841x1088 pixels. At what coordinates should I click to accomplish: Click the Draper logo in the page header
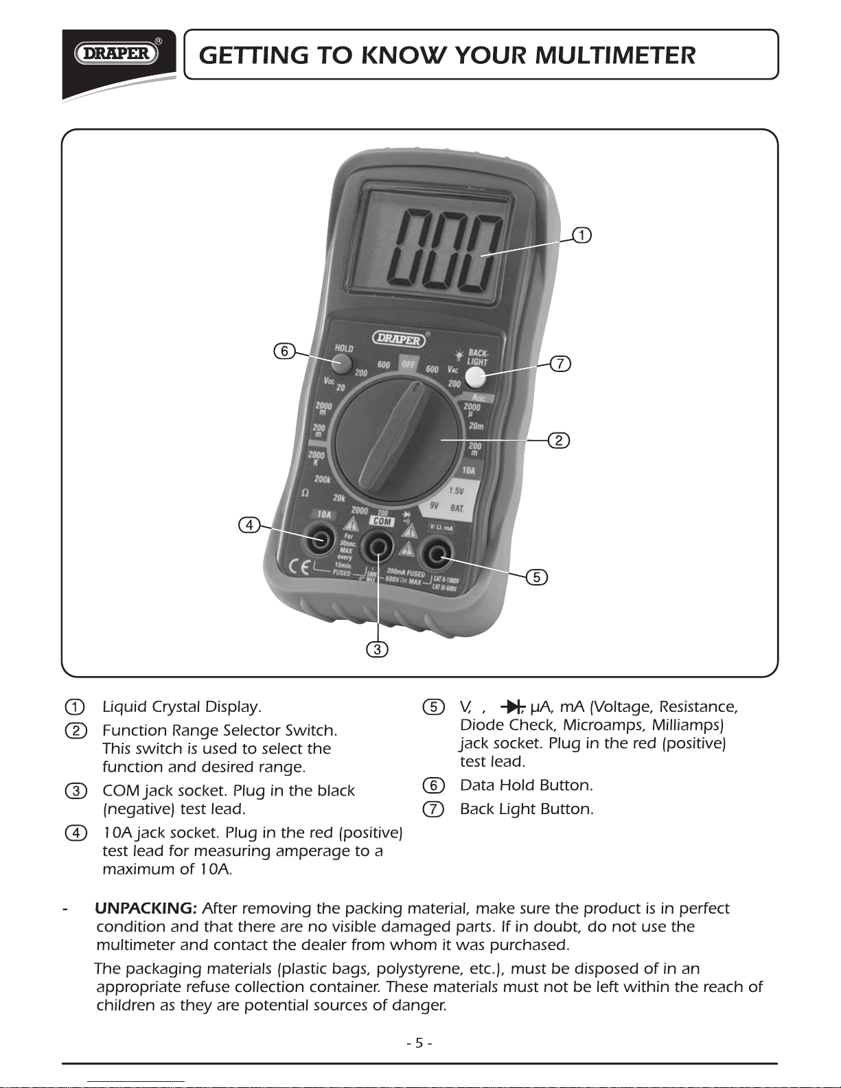point(117,54)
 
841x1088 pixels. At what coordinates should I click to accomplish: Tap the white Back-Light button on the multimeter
point(475,377)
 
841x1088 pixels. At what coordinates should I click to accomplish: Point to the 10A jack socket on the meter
point(320,540)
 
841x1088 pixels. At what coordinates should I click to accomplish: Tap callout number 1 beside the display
point(581,235)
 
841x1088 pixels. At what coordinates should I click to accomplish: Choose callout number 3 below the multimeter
point(377,649)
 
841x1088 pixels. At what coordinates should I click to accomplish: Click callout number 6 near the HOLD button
point(284,351)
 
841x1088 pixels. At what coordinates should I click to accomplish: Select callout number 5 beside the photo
point(537,577)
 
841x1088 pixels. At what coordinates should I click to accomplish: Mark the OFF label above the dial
point(408,364)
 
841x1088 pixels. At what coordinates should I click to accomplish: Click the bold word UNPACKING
point(146,909)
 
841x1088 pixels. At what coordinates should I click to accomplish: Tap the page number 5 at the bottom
point(419,1043)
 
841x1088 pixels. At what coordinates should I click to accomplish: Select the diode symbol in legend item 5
point(511,707)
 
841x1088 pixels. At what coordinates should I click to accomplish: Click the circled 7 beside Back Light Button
point(433,809)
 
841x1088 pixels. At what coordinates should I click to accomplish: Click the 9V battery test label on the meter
point(435,506)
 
